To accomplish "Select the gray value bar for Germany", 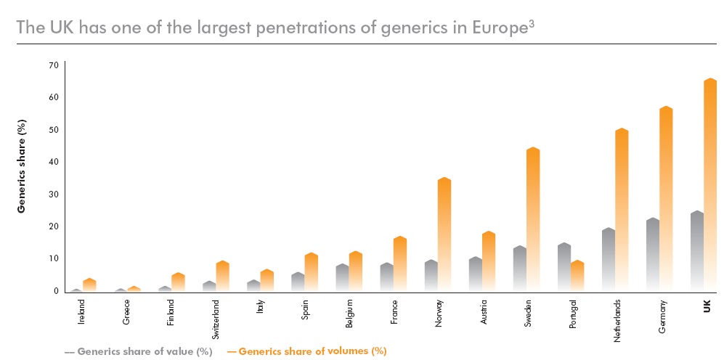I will tap(652, 254).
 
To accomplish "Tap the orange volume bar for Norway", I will tap(444, 232).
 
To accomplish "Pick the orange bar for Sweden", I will tap(533, 218).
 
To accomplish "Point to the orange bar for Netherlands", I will tap(622, 210).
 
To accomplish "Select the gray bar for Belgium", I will tap(342, 277).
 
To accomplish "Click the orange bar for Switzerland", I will tap(223, 276).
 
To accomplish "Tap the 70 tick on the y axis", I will tap(54, 65).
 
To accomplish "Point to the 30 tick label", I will tap(54, 194).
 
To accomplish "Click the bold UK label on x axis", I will tap(707, 308).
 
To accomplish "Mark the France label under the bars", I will tap(394, 313).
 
